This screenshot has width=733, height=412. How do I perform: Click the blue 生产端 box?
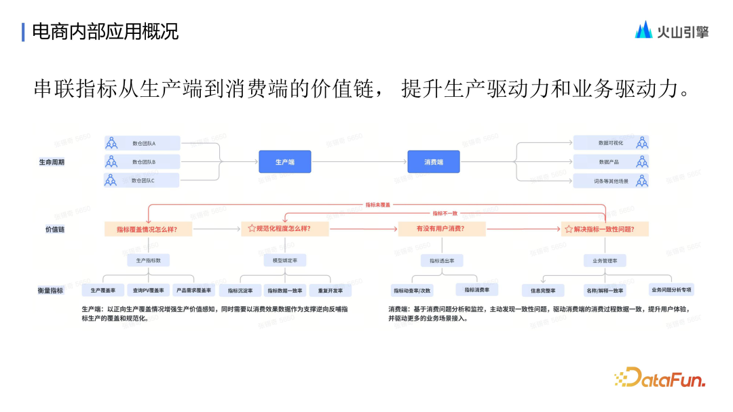coord(284,162)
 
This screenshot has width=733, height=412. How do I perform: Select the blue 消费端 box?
coord(433,162)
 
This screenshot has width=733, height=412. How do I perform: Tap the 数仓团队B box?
coord(142,162)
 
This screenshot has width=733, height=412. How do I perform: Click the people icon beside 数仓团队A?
coord(111,144)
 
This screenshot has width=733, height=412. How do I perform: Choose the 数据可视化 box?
coord(611,143)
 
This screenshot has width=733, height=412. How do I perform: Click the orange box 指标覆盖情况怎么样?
coord(148,229)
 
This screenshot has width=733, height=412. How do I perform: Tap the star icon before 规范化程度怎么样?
coord(252,229)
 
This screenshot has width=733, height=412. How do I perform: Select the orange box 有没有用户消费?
coord(441,229)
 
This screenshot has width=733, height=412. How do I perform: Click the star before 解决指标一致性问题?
coord(569,229)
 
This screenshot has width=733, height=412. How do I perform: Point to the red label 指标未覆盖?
coord(378,204)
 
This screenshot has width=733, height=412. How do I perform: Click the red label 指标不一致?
coord(445,213)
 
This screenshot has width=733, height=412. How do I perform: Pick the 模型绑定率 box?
coord(284,260)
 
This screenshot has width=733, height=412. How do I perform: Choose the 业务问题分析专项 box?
coord(671,289)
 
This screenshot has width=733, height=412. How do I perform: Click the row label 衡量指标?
coord(51,290)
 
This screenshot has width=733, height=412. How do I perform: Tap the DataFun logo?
coord(660,378)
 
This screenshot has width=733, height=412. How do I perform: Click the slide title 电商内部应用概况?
coord(105,31)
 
